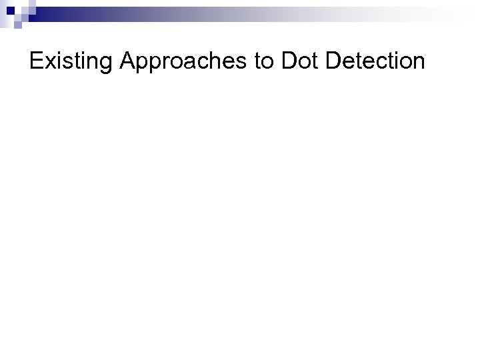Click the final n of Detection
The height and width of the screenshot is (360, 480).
418,63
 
